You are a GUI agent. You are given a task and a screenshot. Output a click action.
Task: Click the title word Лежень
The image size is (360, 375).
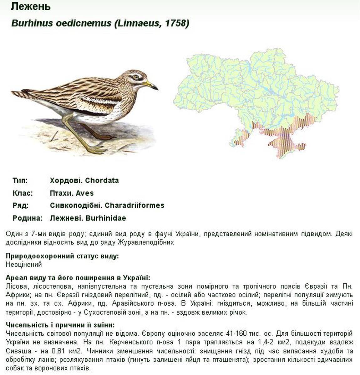tap(30, 6)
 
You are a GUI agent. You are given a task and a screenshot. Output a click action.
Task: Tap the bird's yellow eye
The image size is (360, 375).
tap(136, 77)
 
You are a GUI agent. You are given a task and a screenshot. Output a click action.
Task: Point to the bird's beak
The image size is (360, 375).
tap(151, 85)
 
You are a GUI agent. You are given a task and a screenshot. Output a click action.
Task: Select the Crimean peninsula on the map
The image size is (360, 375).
tap(286, 146)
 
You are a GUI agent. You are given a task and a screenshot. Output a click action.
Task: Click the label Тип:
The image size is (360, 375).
tap(20, 180)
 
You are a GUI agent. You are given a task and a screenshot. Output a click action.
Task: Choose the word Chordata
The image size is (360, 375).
tap(102, 180)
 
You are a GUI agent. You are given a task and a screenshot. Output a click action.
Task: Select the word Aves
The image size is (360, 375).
tap(85, 193)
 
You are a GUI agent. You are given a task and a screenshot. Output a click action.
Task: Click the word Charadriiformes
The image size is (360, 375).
tap(134, 206)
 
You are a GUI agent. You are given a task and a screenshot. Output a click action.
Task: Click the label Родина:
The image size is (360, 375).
tap(27, 218)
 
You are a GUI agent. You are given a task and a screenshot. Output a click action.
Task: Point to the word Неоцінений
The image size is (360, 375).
tap(24, 265)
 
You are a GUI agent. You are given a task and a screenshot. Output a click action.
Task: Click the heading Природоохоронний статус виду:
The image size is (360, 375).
tap(62, 257)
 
